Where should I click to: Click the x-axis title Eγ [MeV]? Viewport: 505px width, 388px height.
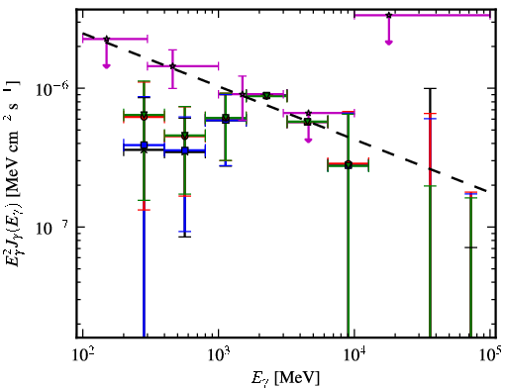(285, 378)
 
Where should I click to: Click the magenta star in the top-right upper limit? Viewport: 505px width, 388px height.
(389, 15)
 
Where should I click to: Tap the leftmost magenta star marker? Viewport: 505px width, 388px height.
(106, 39)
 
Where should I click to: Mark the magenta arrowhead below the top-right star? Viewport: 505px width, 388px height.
(389, 43)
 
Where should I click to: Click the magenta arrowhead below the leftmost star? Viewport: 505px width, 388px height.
(106, 66)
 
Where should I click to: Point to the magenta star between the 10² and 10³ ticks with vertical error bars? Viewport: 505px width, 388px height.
(172, 66)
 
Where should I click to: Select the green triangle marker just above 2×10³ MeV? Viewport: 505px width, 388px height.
(266, 96)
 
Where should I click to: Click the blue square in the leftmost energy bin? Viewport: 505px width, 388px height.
(144, 145)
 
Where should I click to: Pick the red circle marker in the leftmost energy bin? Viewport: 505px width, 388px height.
(144, 117)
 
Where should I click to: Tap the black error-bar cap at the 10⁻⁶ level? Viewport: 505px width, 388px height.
(430, 88)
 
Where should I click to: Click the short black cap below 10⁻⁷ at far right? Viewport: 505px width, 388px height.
(470, 247)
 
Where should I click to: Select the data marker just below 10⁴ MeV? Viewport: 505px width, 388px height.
(349, 164)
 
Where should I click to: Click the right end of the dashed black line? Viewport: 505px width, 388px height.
(487, 191)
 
